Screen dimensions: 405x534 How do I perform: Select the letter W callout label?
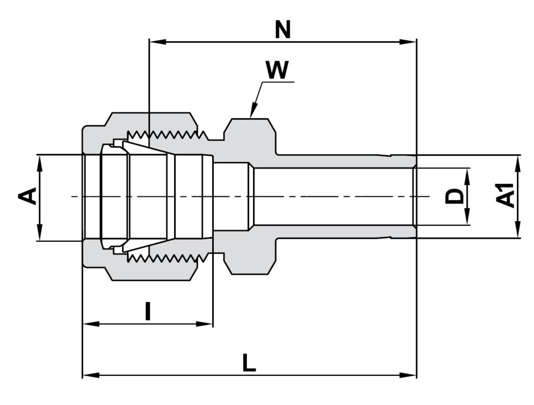click(277, 70)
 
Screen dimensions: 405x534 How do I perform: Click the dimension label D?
click(455, 197)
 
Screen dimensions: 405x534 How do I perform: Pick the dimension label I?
click(148, 312)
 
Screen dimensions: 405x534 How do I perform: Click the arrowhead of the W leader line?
click(252, 114)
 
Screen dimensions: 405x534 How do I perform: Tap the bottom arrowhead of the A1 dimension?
click(517, 232)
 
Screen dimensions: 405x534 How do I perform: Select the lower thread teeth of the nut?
click(167, 258)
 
